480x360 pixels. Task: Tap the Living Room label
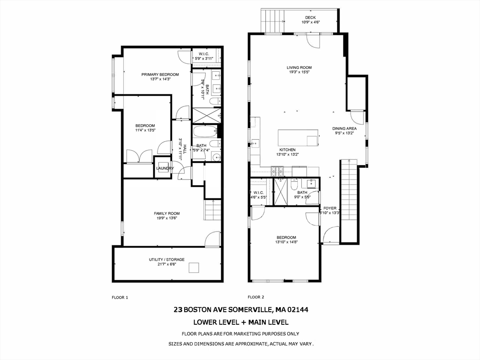click(x=299, y=67)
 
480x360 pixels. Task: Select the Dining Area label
click(x=345, y=128)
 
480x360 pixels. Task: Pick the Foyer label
click(x=330, y=208)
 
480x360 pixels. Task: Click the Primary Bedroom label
click(x=160, y=75)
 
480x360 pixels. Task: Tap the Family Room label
click(x=167, y=214)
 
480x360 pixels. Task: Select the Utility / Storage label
click(x=167, y=260)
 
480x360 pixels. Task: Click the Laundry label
click(x=165, y=169)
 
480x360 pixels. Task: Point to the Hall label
click(x=185, y=149)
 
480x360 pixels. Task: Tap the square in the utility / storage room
click(x=194, y=268)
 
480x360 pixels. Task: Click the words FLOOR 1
click(x=120, y=297)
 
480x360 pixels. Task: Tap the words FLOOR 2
click(x=256, y=297)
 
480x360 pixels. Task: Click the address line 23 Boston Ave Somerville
click(x=240, y=310)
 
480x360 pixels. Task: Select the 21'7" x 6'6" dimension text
click(x=167, y=265)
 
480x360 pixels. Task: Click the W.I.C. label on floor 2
click(x=258, y=193)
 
